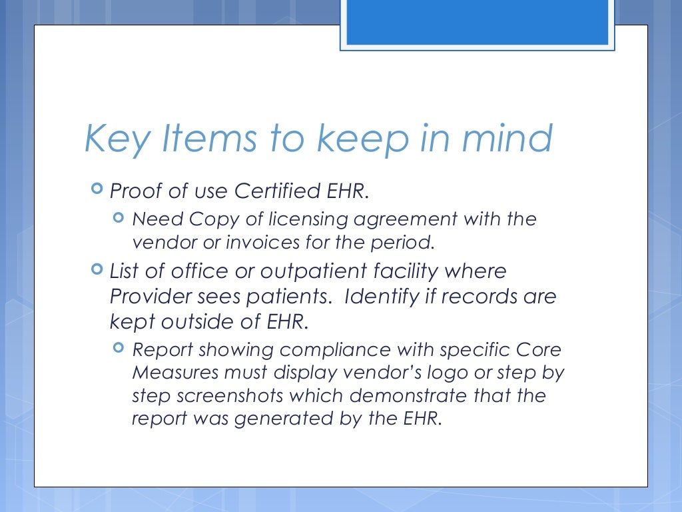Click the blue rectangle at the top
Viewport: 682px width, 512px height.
coord(478,22)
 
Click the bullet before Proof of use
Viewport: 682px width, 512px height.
coord(97,190)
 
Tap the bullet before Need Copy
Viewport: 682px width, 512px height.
coord(119,217)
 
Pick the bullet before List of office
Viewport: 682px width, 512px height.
coord(97,270)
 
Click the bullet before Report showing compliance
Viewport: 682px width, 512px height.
coord(119,347)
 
